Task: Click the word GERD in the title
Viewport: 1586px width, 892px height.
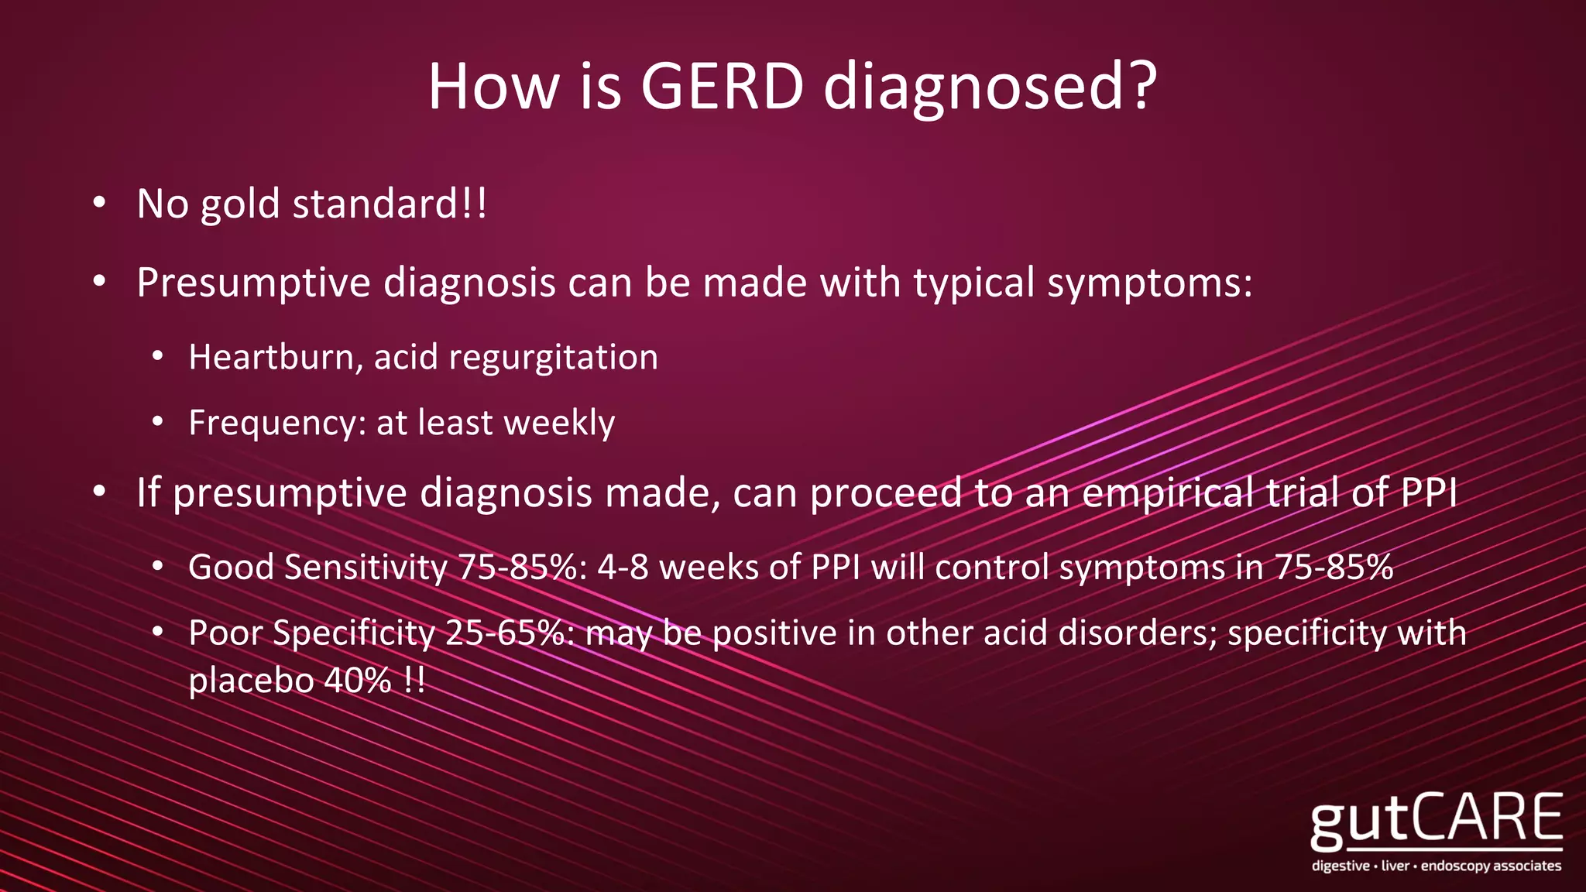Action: pyautogui.click(x=722, y=86)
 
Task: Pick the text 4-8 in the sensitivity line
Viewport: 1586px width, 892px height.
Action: pyautogui.click(x=623, y=568)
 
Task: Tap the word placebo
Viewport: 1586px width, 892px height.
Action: pyautogui.click(x=250, y=682)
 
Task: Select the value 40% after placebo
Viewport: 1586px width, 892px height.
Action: pyautogui.click(x=358, y=681)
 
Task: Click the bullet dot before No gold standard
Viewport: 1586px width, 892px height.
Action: pyautogui.click(x=98, y=204)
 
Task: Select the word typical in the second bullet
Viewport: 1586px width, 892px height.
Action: pyautogui.click(x=973, y=283)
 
